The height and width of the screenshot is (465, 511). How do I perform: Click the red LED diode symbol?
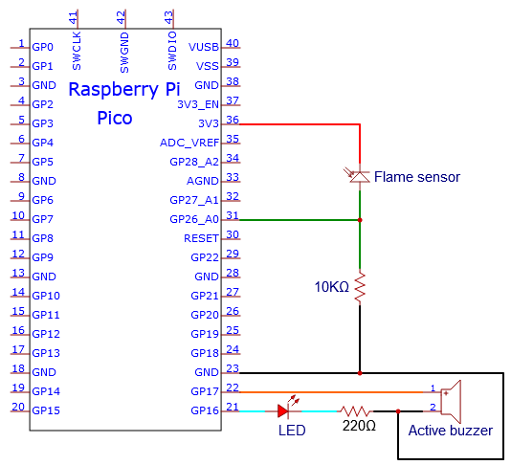[283, 410]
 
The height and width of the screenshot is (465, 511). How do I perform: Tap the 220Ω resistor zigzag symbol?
[355, 411]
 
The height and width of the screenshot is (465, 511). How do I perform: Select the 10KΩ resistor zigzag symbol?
[360, 288]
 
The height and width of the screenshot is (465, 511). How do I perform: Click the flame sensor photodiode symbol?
[359, 176]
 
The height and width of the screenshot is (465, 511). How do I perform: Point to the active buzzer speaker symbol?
[451, 402]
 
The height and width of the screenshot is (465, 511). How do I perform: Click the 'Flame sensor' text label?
[417, 177]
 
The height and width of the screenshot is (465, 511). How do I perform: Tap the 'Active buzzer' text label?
[451, 431]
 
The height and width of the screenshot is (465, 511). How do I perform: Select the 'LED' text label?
[292, 431]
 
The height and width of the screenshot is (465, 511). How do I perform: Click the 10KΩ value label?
[331, 287]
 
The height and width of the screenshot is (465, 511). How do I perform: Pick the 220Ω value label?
[359, 426]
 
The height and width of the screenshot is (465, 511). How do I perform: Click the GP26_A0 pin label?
[194, 219]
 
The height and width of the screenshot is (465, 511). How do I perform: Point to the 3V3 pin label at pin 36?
[209, 123]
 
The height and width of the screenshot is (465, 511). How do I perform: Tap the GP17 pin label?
[205, 391]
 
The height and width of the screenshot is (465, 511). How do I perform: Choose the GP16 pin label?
[205, 410]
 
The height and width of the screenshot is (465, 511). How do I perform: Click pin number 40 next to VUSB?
[233, 43]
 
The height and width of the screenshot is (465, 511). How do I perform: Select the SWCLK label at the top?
[77, 51]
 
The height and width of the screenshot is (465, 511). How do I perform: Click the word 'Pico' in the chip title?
[115, 118]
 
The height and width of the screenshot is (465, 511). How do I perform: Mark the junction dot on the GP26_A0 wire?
[360, 220]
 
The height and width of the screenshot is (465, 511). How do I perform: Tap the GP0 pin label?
[43, 47]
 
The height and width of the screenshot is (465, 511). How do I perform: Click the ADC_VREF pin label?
[189, 143]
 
